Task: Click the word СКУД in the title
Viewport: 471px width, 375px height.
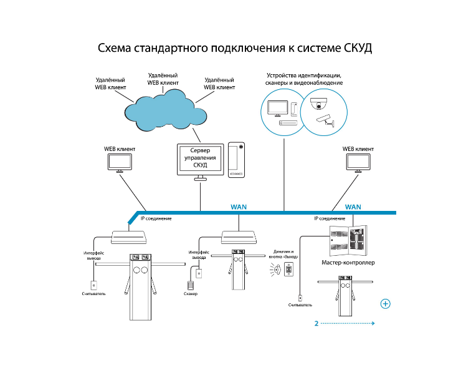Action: point(358,49)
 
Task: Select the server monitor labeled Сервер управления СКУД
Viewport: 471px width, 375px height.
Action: point(201,162)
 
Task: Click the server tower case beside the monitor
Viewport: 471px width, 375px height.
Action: point(236,160)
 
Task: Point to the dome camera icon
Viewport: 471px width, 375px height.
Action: point(318,104)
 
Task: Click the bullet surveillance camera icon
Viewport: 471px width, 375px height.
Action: point(325,120)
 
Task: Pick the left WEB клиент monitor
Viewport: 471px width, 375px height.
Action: point(120,163)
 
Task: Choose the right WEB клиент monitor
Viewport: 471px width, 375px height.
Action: point(358,163)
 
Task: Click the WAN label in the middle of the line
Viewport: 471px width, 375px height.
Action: point(239,207)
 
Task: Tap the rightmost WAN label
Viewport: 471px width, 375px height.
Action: point(353,207)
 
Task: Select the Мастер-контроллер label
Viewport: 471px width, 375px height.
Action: point(348,263)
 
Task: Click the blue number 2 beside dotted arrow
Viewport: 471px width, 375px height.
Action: point(316,324)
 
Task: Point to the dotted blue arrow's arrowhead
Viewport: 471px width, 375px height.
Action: point(373,323)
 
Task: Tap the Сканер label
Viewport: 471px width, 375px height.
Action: point(191,293)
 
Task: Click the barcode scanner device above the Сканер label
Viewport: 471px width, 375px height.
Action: point(191,285)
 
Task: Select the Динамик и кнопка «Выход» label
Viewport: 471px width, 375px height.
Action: point(283,254)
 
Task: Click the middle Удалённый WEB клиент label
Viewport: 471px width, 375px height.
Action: point(163,79)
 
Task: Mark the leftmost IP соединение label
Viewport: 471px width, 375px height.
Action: point(156,218)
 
